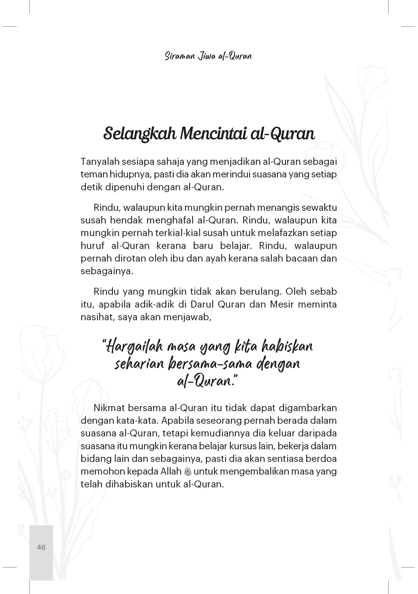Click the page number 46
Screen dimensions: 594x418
41,547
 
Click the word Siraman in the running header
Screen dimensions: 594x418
180,56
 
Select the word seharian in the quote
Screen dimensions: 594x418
139,364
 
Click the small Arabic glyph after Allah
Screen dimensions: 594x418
187,471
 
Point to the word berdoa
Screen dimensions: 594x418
321,459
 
